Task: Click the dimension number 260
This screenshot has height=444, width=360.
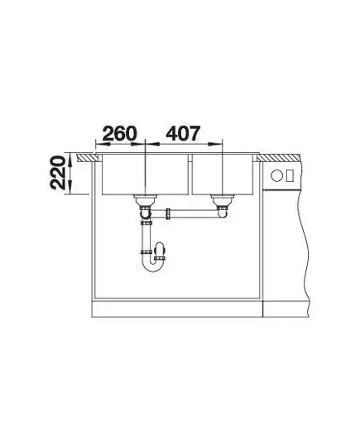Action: [x=119, y=133]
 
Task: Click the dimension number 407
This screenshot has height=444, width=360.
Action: [x=183, y=133]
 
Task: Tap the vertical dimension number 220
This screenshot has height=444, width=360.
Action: [x=58, y=173]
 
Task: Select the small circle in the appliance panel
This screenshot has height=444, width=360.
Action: [x=276, y=175]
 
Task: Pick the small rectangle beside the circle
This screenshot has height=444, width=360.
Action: [x=290, y=175]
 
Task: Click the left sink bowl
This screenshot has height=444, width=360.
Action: [x=145, y=174]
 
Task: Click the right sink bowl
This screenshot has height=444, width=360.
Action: [x=223, y=174]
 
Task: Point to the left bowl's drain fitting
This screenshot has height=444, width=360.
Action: [x=145, y=201]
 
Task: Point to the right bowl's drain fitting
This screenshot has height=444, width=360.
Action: [x=222, y=201]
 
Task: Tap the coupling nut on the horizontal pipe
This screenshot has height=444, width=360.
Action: [x=168, y=214]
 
